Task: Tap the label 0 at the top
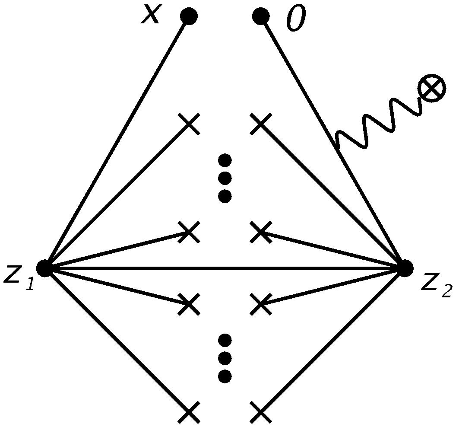click(296, 19)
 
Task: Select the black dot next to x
click(189, 16)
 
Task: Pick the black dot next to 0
click(261, 16)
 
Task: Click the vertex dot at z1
click(44, 268)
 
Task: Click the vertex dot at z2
click(405, 268)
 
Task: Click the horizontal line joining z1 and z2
click(225, 268)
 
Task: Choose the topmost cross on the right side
click(261, 124)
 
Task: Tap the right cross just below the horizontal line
click(261, 304)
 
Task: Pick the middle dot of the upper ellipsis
click(225, 178)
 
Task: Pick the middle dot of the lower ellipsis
click(225, 358)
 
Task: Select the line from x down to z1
click(117, 142)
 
